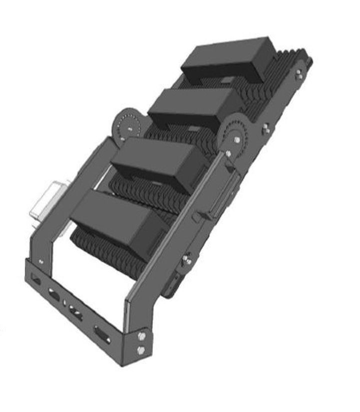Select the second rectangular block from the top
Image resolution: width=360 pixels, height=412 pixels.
click(x=195, y=107)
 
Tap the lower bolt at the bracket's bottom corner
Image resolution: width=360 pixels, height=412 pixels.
click(x=141, y=349)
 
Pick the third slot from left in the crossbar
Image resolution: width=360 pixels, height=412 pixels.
click(x=75, y=312)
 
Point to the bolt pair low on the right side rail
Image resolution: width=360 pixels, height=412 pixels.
click(x=187, y=260)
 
